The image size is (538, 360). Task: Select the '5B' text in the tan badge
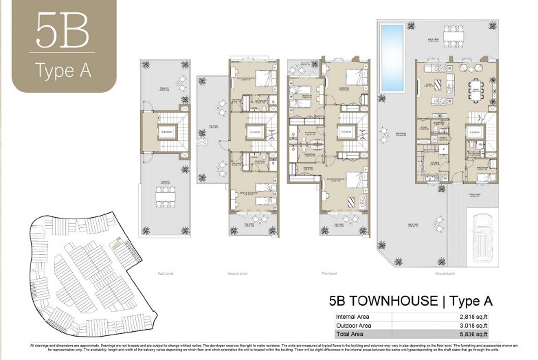[63, 30]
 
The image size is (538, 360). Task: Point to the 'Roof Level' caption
[163, 273]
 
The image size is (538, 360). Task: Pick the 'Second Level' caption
[238, 273]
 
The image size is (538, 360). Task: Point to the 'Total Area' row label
[349, 335]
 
